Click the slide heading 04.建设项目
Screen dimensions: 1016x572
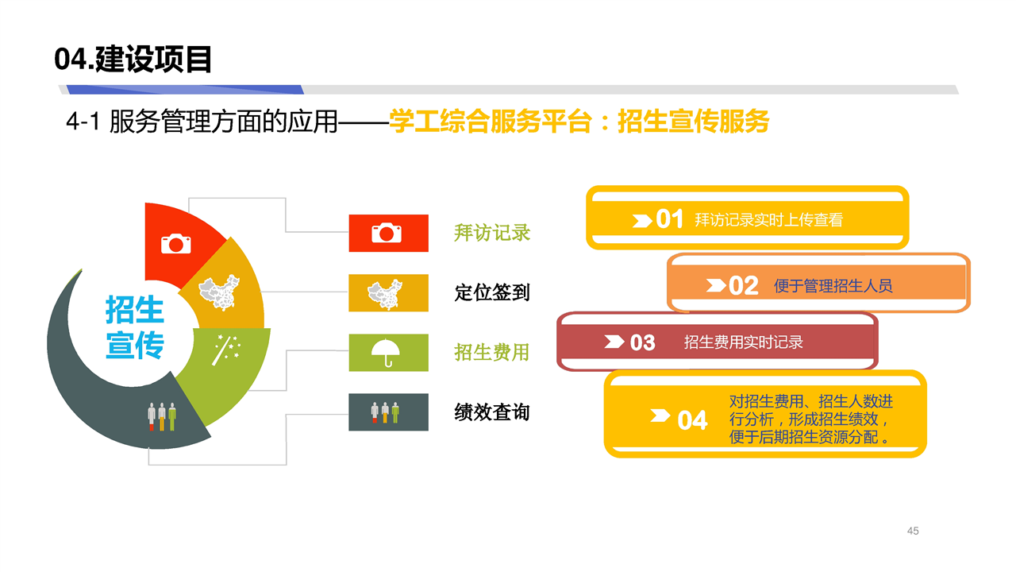(x=133, y=59)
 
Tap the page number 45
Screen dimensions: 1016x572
(x=913, y=531)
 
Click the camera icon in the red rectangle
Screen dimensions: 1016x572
(x=387, y=233)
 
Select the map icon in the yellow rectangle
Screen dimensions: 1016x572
(x=385, y=294)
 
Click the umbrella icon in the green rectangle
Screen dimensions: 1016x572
(x=386, y=353)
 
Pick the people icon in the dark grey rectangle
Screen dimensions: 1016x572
(x=385, y=412)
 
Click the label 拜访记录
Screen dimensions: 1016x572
(x=492, y=233)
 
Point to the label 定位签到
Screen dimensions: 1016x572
(x=492, y=292)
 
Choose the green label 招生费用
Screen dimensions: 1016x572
(x=492, y=352)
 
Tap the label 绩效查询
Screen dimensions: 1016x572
(x=492, y=412)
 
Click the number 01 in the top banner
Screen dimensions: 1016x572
(x=669, y=219)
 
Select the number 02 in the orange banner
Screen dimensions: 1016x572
(x=744, y=286)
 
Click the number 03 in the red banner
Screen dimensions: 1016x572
(x=642, y=342)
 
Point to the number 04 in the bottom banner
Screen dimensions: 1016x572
(x=692, y=420)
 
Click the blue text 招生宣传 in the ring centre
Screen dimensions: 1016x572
(x=135, y=327)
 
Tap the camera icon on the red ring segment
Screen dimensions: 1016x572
(x=176, y=244)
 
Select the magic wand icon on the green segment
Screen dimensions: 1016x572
(x=226, y=350)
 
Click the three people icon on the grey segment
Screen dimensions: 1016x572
(x=162, y=416)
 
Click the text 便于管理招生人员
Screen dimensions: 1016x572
(x=833, y=286)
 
